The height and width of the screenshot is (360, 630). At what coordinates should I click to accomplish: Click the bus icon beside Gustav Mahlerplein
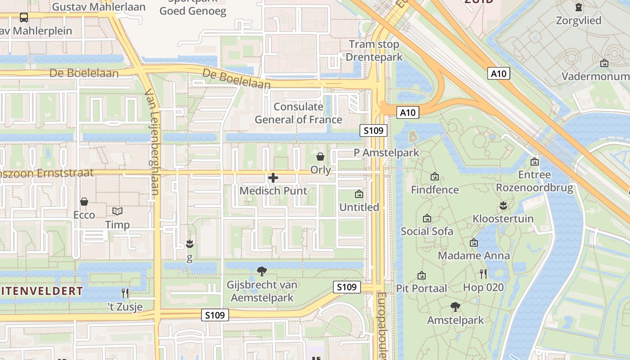(x=24, y=18)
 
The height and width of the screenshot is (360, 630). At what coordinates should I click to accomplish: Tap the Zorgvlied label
(x=578, y=20)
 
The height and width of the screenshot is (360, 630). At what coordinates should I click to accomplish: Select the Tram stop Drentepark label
(x=374, y=50)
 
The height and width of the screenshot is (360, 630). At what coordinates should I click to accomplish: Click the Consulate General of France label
(x=299, y=113)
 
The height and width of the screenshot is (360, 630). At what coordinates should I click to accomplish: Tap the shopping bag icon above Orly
(x=320, y=157)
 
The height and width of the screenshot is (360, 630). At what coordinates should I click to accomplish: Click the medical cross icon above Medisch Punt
(x=273, y=178)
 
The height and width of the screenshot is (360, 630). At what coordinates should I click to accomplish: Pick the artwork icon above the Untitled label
(x=359, y=194)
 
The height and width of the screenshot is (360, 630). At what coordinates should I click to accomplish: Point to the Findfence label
(x=435, y=190)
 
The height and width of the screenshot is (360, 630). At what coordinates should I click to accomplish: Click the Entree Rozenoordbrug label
(x=535, y=181)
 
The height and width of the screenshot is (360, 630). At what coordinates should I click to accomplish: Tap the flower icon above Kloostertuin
(x=503, y=206)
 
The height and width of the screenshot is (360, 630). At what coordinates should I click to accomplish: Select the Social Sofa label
(x=427, y=231)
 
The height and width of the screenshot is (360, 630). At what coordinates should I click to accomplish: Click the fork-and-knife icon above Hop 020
(x=483, y=274)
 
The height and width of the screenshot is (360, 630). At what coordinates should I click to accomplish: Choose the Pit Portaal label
(x=421, y=288)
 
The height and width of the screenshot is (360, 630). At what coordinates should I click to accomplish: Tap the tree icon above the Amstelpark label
(x=455, y=307)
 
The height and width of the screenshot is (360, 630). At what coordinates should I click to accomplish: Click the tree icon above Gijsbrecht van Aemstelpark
(x=261, y=271)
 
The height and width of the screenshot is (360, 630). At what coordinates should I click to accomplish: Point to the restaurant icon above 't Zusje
(x=125, y=293)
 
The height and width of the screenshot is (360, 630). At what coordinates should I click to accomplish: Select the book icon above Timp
(x=117, y=211)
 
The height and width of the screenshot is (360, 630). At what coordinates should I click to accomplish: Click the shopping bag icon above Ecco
(x=84, y=202)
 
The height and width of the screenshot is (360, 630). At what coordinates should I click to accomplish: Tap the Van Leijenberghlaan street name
(x=152, y=142)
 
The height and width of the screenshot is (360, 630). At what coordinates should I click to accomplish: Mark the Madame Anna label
(x=474, y=256)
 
